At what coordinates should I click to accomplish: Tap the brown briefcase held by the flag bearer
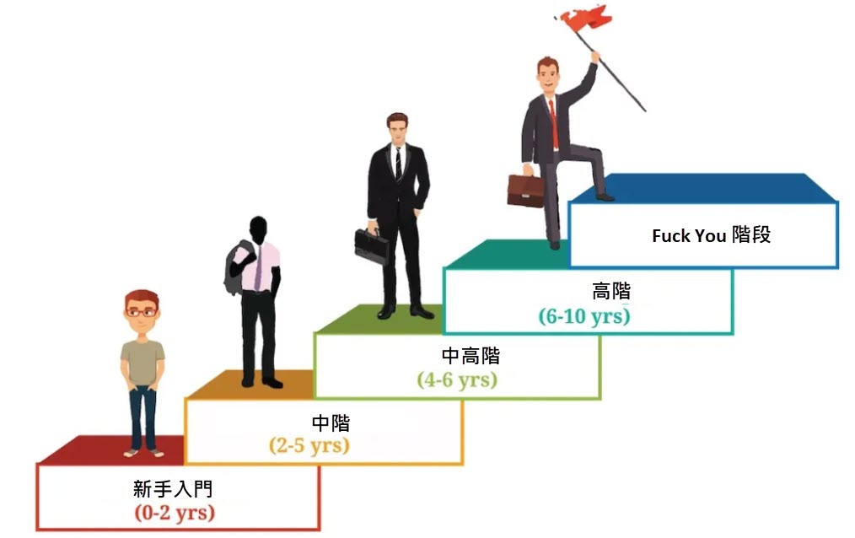click(x=524, y=191)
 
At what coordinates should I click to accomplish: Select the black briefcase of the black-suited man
click(x=371, y=245)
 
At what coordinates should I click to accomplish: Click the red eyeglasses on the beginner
click(x=142, y=312)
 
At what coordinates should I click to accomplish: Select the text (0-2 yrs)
click(x=175, y=512)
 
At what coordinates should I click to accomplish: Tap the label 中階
click(x=331, y=422)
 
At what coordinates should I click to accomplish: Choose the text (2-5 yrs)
click(x=309, y=445)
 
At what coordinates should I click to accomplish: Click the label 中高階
click(x=471, y=356)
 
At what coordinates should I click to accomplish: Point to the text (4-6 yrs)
click(x=457, y=379)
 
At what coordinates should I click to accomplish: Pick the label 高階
click(x=610, y=292)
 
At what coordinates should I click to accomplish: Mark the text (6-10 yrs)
click(x=584, y=316)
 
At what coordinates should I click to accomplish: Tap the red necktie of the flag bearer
click(x=554, y=123)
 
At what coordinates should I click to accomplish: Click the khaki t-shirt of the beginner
click(x=142, y=361)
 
